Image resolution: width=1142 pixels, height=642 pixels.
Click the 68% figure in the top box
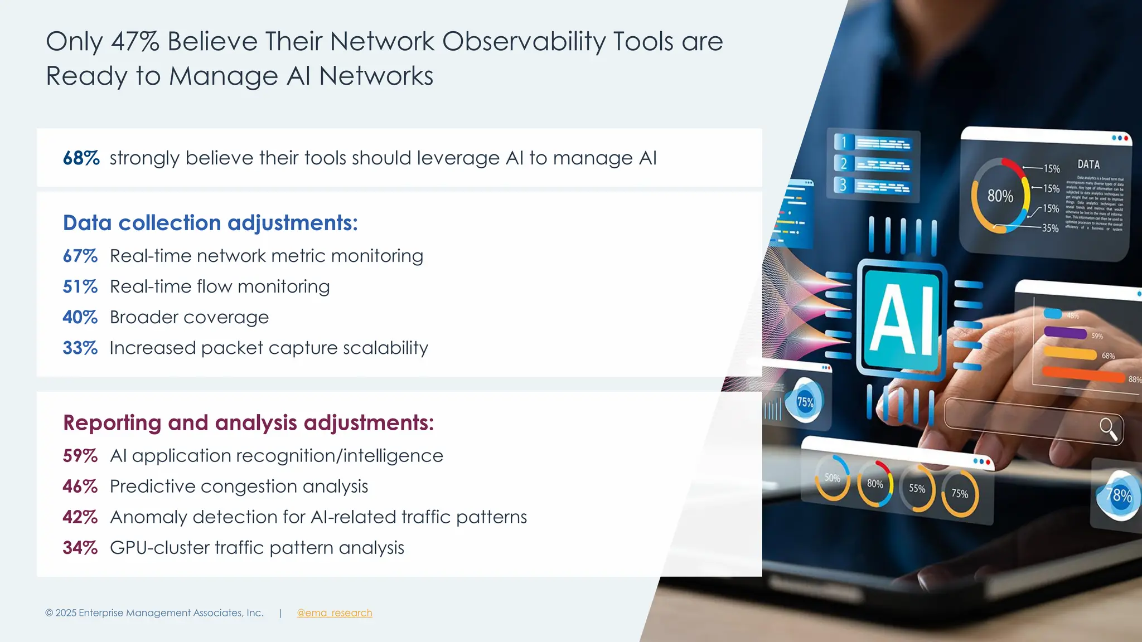(x=81, y=158)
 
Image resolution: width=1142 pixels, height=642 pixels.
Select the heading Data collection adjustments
(x=210, y=223)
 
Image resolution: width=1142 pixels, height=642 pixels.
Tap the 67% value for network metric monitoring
(x=80, y=256)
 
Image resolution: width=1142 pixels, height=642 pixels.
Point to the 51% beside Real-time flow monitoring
(x=80, y=286)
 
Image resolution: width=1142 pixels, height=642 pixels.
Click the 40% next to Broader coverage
(x=80, y=317)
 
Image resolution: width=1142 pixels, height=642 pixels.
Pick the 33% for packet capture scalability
(x=80, y=348)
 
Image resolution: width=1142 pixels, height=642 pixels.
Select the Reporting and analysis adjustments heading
(x=248, y=422)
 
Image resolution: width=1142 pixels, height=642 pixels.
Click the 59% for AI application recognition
(x=80, y=456)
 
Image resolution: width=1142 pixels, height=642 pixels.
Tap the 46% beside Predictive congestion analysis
(x=80, y=487)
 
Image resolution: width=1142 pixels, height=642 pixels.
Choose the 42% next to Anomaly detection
(x=80, y=517)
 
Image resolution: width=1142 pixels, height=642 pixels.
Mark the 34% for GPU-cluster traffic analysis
(x=80, y=548)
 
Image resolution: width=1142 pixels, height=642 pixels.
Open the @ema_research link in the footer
(x=334, y=613)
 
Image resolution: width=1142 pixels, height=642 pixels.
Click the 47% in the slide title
(x=135, y=42)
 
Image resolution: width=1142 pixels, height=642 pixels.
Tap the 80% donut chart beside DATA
(x=1000, y=196)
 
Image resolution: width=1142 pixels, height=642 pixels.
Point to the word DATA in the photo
(x=1088, y=164)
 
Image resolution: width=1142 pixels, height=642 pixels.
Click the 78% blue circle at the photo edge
(x=1118, y=495)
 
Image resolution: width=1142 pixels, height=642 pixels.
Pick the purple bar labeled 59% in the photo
(x=1065, y=333)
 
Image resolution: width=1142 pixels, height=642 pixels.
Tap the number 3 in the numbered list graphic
(x=843, y=185)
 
